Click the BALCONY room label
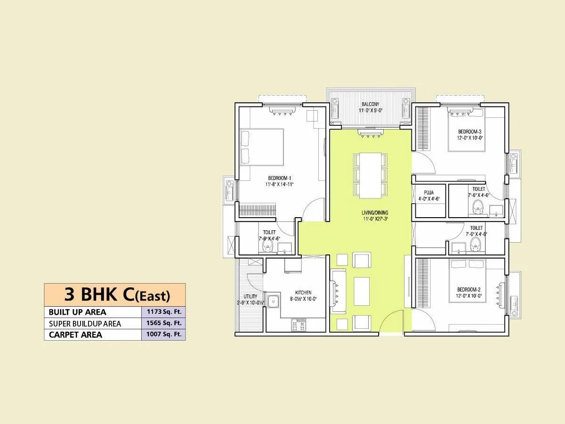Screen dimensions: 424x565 371,104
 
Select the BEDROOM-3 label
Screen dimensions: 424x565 470,131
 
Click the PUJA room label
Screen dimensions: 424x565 428,192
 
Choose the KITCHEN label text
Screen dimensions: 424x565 303,293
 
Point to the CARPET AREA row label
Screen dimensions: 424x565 75,335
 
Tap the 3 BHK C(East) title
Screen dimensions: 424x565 117,295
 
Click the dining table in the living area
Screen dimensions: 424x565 371,175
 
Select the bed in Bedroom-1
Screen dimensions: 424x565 262,147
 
